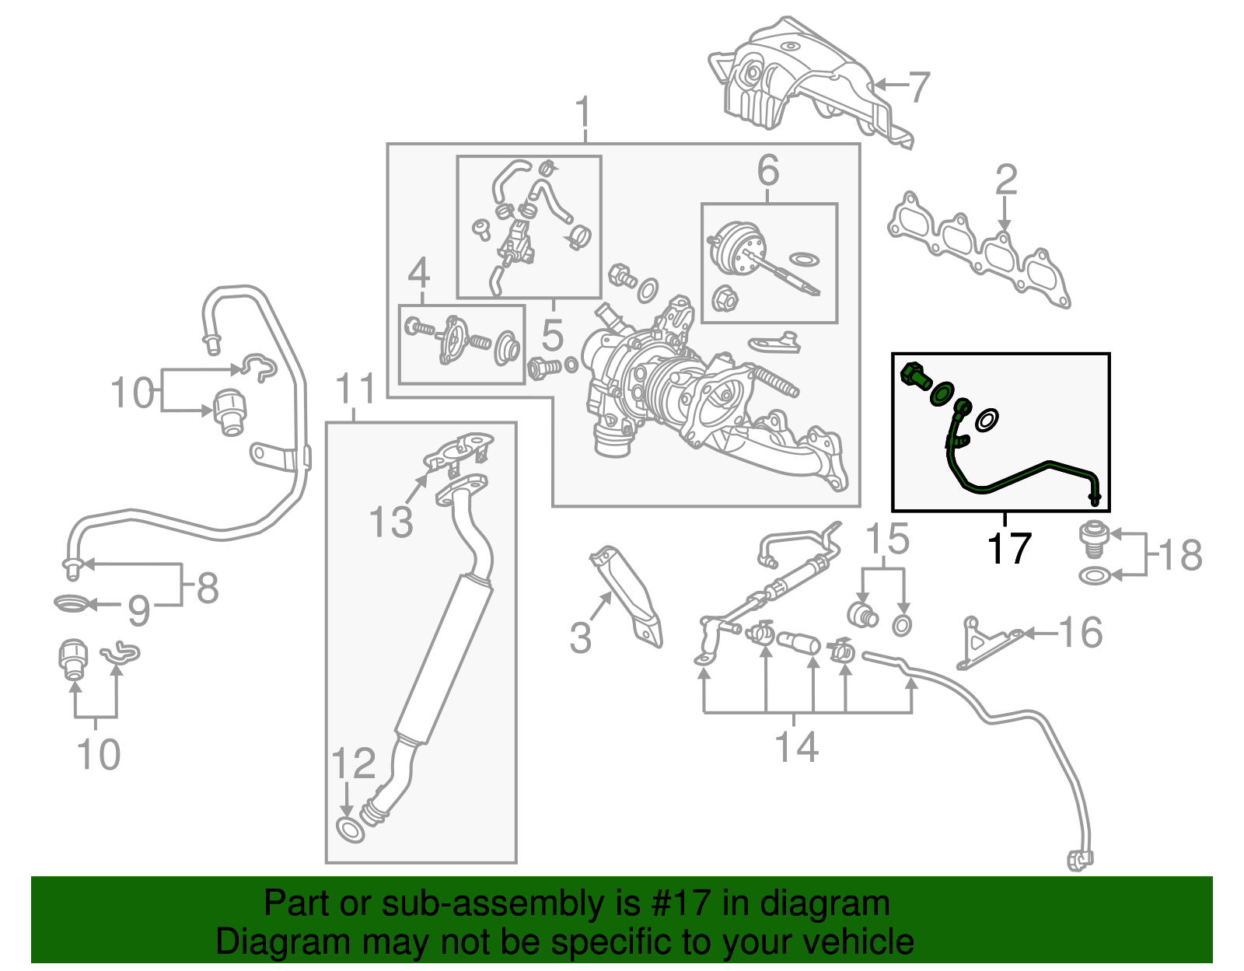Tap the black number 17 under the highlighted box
1008,548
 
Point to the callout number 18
1180,555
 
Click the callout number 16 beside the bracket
1081,632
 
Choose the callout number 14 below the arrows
797,746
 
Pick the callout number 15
887,539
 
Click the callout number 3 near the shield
581,637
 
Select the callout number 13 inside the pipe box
390,522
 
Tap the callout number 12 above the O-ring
354,763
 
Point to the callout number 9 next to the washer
138,611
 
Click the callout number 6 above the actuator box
767,169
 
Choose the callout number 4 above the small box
419,272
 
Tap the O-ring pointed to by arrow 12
350,829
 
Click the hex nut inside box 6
723,298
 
